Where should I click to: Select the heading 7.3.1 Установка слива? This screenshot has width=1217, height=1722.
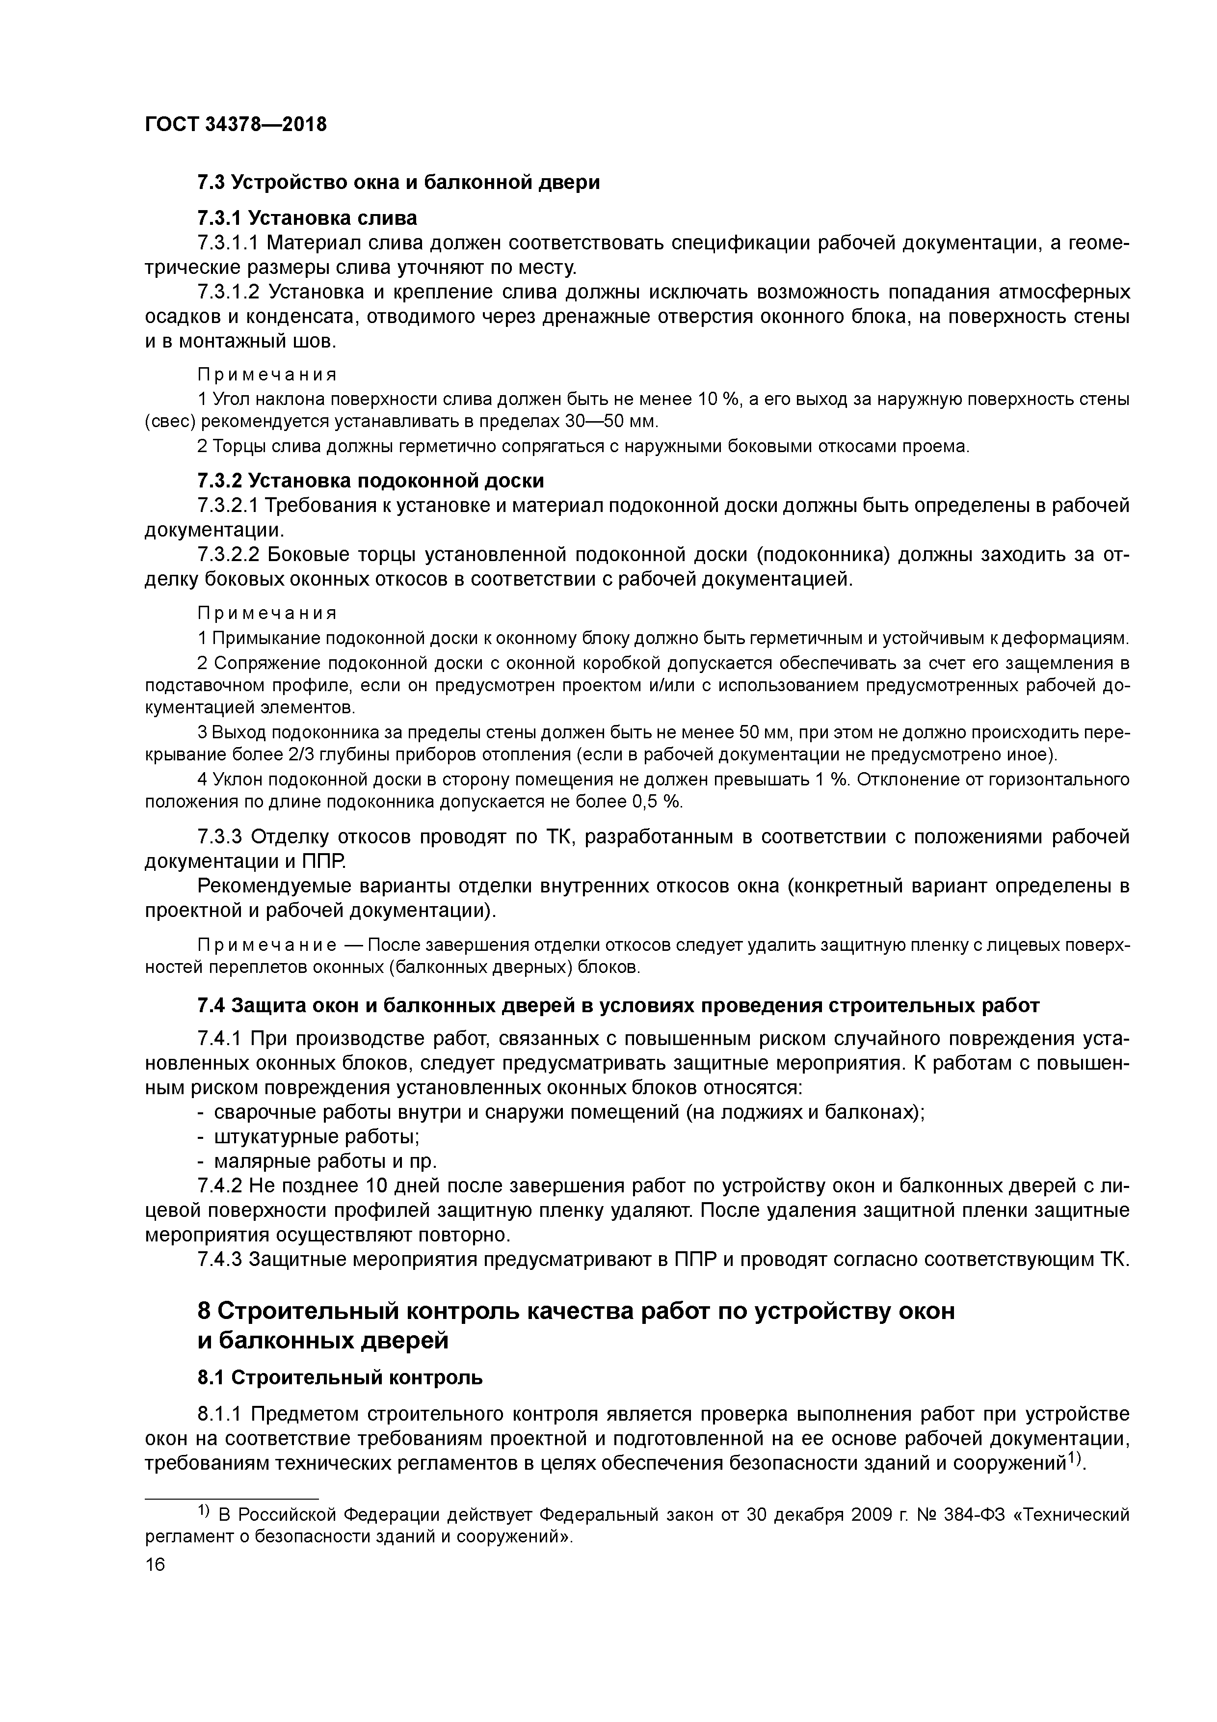point(307,218)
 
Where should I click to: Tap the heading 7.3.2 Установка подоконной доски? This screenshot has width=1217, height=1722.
point(370,480)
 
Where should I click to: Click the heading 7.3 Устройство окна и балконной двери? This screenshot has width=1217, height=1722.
point(398,182)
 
